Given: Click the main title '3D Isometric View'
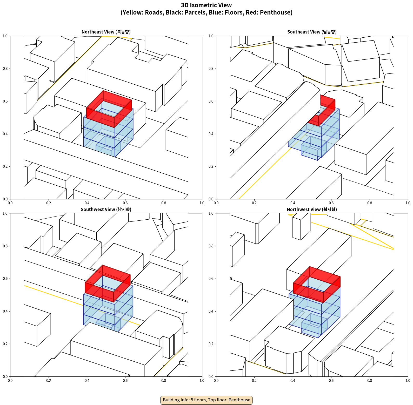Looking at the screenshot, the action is pos(206,5).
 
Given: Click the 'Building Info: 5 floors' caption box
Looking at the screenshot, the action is pos(206,400).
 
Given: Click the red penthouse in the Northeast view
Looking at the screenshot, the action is pos(109,109).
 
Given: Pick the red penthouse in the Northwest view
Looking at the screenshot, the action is pos(317,285).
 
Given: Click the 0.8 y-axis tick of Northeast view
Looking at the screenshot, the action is pos(5,69).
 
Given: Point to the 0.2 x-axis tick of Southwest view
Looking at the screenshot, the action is pos(49,381).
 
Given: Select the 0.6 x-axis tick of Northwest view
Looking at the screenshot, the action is pos(331,381).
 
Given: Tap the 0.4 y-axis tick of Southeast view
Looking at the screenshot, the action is pos(211,134).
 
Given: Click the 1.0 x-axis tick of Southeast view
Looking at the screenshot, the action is pos(408,203).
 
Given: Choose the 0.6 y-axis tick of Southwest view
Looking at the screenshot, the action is pos(5,279).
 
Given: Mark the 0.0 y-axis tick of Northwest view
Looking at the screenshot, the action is pos(211,376).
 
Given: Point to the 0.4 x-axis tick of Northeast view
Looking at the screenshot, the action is pos(87,203).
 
